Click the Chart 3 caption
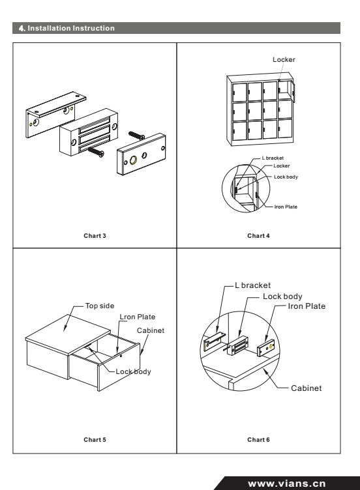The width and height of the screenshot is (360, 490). tap(95, 236)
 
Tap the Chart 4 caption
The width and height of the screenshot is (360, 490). tap(258, 236)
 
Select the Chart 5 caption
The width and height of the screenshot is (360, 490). tap(95, 440)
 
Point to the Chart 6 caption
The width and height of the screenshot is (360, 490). tap(258, 440)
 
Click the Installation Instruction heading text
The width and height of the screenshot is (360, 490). tap(71, 28)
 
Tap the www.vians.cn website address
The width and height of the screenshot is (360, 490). tap(287, 483)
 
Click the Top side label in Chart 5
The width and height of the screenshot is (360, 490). tap(100, 306)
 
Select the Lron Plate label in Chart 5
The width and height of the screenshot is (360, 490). tap(138, 317)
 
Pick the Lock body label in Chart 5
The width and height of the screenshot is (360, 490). tap(133, 371)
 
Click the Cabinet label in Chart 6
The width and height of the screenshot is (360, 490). tap(307, 388)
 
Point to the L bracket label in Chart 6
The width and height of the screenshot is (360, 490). tap(253, 285)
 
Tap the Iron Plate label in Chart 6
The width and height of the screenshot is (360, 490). tap(307, 306)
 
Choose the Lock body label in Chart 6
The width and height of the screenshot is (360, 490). tap(282, 296)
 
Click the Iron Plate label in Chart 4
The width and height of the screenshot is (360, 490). tap(286, 207)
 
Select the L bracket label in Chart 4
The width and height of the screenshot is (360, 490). tap(273, 158)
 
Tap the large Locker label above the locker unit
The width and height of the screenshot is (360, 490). tap(284, 59)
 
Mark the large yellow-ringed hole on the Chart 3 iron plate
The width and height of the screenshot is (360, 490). tap(133, 161)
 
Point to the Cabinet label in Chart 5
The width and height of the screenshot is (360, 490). tap(151, 330)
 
